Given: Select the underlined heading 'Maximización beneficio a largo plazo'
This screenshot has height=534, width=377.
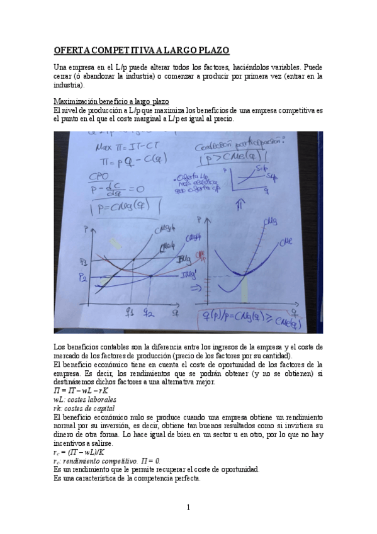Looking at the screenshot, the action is [111, 102].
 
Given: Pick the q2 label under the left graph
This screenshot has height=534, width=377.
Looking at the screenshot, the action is [149, 310].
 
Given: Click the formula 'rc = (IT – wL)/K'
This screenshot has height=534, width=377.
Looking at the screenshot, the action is [79, 452].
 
